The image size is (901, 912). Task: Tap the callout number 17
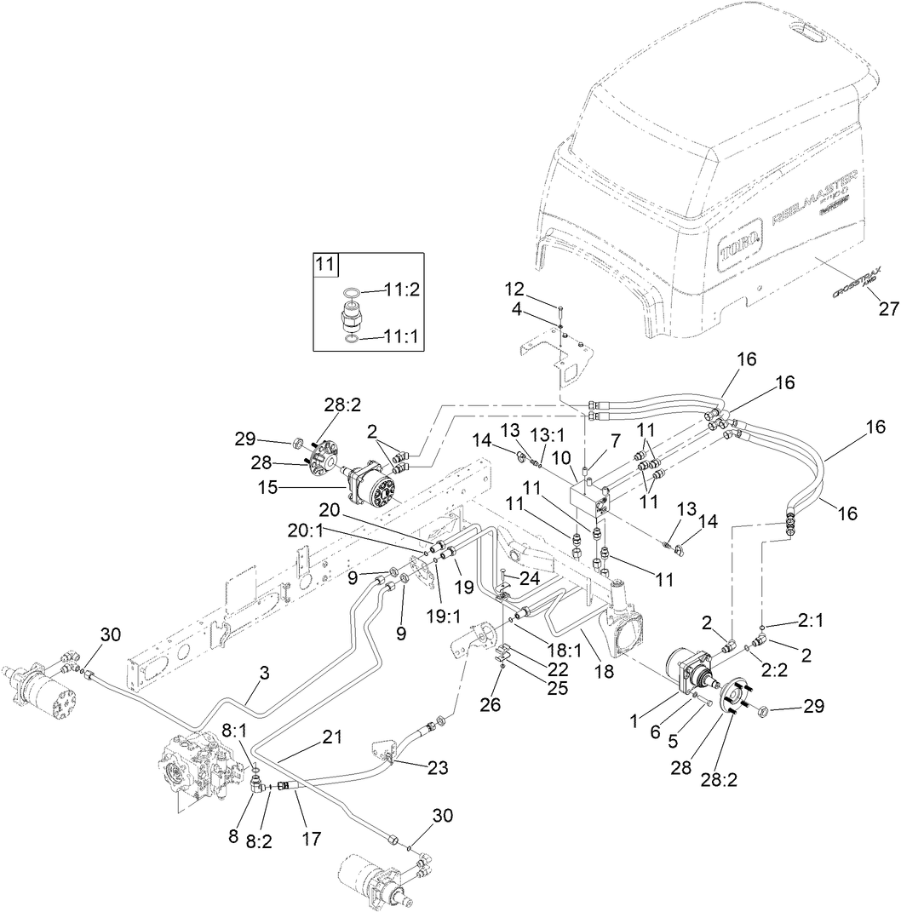tap(311, 839)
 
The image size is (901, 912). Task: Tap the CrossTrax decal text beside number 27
tap(855, 282)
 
